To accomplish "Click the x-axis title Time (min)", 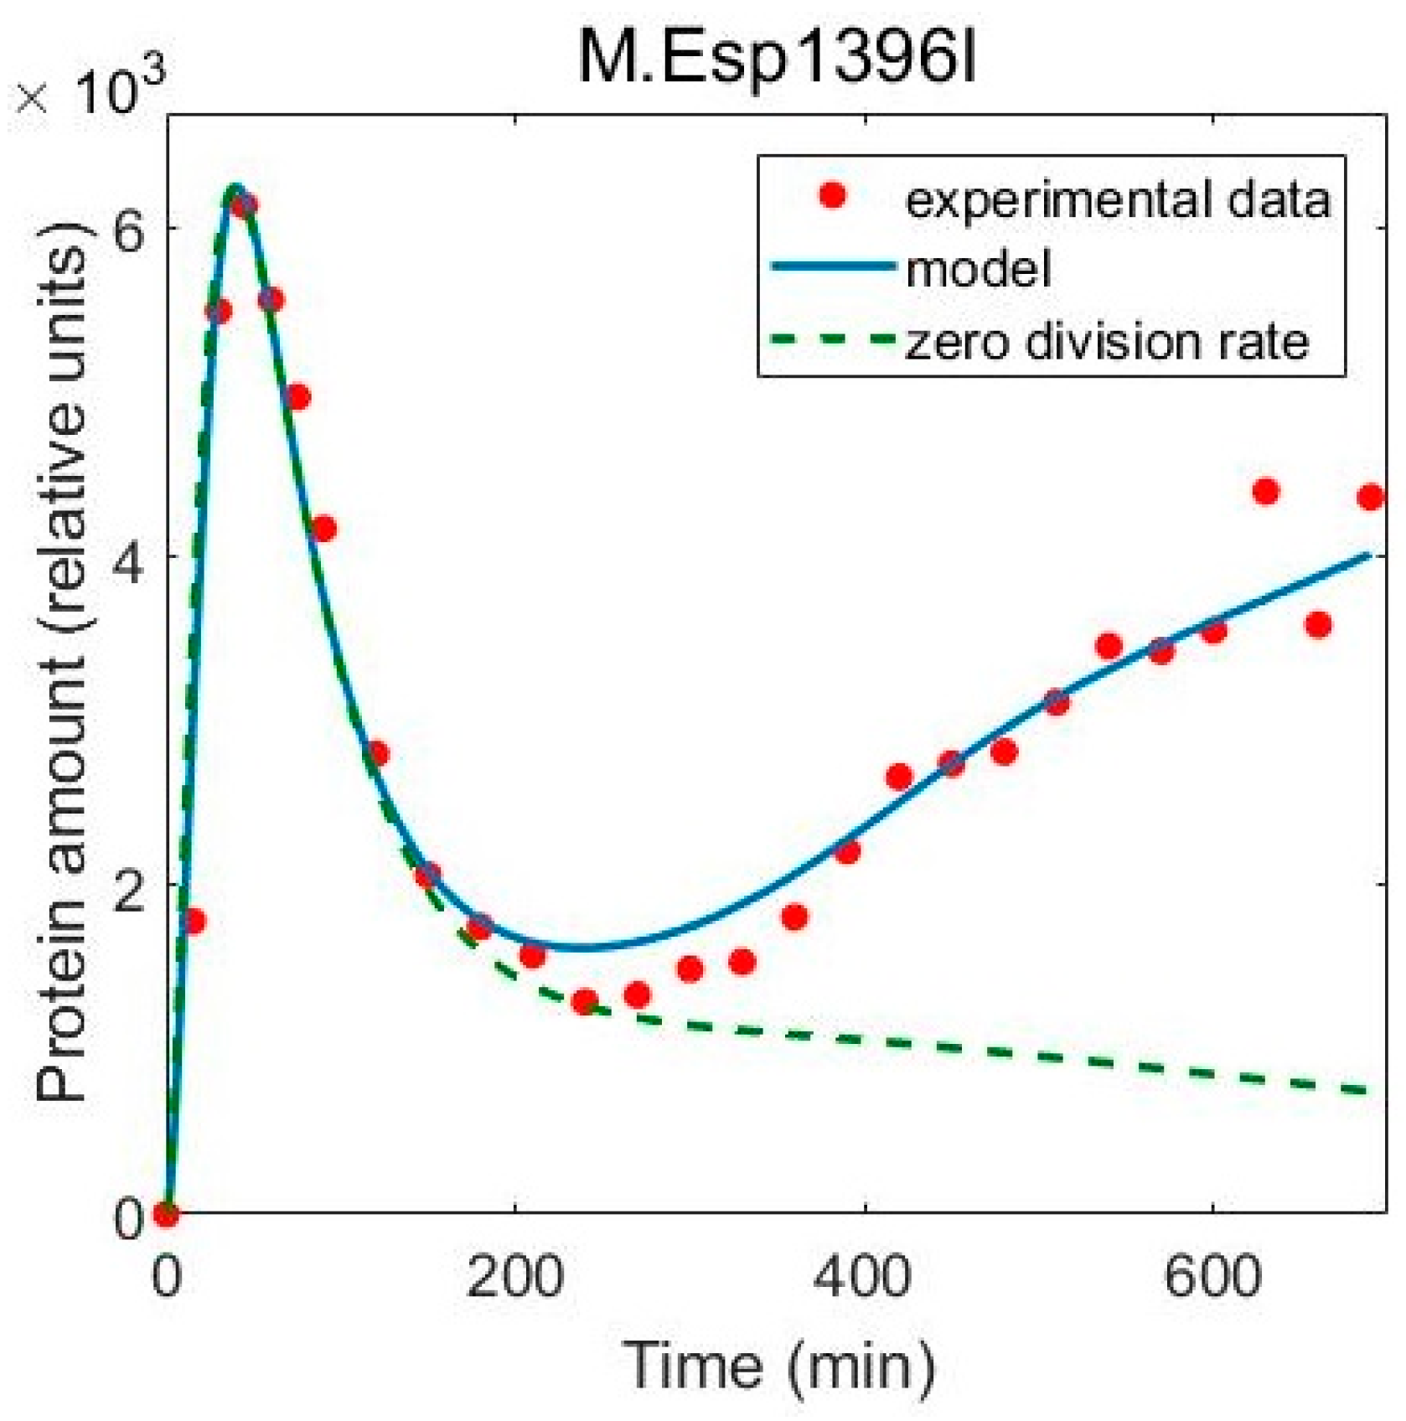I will [778, 1365].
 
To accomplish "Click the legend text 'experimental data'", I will [1118, 199].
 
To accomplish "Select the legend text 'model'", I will [978, 269].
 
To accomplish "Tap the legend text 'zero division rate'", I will [1106, 341].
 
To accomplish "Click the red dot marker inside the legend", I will [832, 197].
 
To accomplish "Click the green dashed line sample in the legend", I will [832, 339].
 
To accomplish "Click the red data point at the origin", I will [167, 1213].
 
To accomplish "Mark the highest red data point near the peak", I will [244, 205].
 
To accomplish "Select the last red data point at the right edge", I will [1370, 497].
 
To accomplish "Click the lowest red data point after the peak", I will [584, 1001].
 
